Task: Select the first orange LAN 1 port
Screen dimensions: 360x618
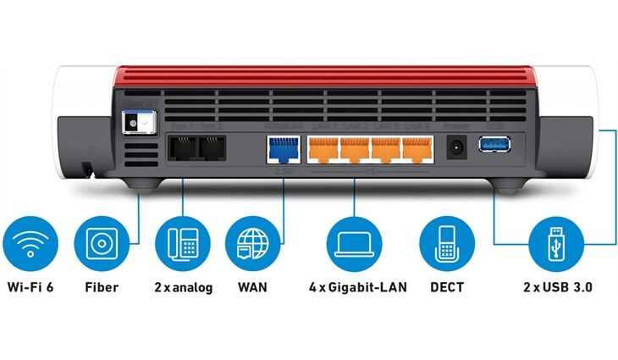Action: pyautogui.click(x=322, y=149)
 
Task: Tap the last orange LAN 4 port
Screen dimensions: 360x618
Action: pyautogui.click(x=415, y=149)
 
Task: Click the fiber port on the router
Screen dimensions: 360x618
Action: pyautogui.click(x=137, y=123)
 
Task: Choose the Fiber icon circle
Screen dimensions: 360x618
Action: pyautogui.click(x=102, y=241)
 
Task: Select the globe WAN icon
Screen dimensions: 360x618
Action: pyautogui.click(x=252, y=241)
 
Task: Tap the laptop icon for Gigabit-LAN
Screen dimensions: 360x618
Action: pyautogui.click(x=356, y=241)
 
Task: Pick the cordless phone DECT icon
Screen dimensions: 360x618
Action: pyautogui.click(x=446, y=241)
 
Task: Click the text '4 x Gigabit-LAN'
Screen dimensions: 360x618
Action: pyautogui.click(x=357, y=288)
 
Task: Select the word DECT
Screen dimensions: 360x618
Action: pyautogui.click(x=446, y=288)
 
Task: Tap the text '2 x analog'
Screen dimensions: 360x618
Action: pyautogui.click(x=183, y=288)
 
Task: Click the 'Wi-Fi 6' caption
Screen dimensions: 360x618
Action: pyautogui.click(x=30, y=288)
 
